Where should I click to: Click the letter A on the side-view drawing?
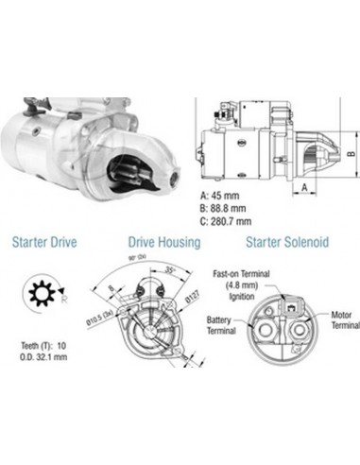click(x=308, y=187)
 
